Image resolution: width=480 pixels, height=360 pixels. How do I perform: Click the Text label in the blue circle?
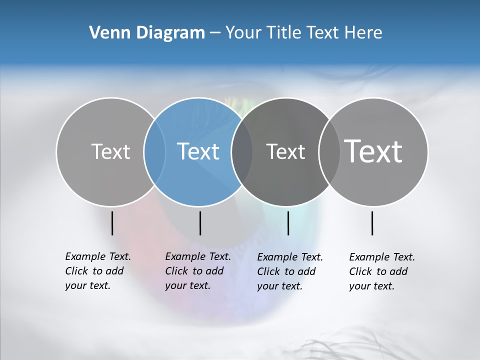(x=198, y=151)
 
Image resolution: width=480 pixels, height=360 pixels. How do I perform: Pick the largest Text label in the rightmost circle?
(x=373, y=151)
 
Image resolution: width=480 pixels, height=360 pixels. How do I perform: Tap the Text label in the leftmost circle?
(x=110, y=151)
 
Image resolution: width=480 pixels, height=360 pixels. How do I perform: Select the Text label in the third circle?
(x=285, y=151)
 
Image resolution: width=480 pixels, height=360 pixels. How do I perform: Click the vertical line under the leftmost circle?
(x=112, y=223)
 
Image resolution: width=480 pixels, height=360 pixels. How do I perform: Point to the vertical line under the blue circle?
(x=200, y=223)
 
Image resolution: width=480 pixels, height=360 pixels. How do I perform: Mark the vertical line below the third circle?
(x=288, y=223)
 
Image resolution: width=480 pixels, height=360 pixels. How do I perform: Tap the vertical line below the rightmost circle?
(x=372, y=223)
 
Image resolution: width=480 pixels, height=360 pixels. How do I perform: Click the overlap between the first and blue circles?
(x=154, y=151)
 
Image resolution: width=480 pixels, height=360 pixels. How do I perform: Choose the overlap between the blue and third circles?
(x=242, y=151)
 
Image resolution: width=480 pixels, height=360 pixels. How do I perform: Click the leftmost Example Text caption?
(x=97, y=271)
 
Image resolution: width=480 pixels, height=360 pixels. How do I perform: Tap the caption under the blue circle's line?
(x=197, y=271)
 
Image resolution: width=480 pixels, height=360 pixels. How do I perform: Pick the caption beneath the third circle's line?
(x=289, y=271)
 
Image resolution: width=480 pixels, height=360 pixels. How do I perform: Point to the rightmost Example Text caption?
(x=381, y=271)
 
